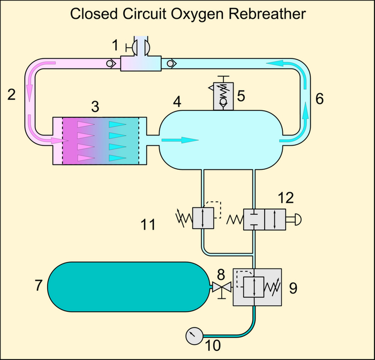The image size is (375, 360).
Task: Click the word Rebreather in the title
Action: click(267, 13)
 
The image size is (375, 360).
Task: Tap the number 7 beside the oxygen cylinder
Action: click(39, 285)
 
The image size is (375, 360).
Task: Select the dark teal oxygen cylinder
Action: click(129, 287)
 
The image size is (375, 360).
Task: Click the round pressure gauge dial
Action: click(194, 336)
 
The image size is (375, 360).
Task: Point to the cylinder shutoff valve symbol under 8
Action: click(222, 289)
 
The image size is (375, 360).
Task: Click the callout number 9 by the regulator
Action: click(293, 288)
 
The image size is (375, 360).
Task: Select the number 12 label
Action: click(286, 198)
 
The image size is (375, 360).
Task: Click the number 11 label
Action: click(148, 224)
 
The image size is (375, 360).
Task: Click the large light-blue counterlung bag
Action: click(221, 140)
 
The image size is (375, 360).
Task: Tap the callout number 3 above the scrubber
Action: click(95, 107)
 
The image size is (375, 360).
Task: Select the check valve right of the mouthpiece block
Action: click(171, 64)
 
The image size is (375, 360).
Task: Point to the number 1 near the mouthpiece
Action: click(115, 45)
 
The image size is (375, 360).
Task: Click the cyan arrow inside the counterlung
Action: click(180, 140)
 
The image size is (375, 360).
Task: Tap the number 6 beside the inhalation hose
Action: click(319, 99)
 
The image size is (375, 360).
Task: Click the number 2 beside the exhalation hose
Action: click(11, 94)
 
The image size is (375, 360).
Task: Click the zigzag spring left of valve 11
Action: click(184, 218)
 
